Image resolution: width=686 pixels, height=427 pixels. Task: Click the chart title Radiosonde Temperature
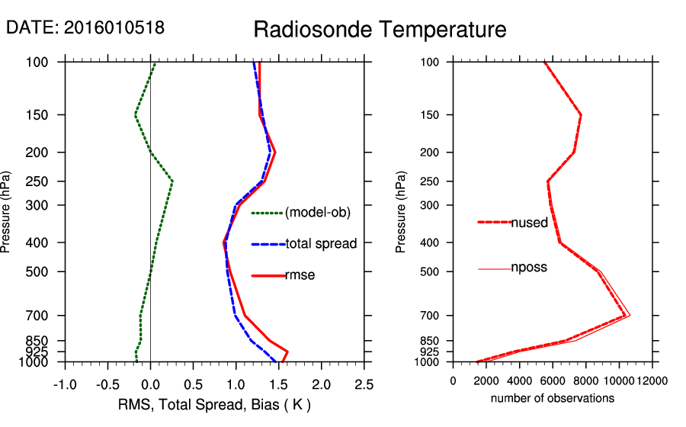[380, 30]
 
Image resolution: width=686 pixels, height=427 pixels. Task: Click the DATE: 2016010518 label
[85, 27]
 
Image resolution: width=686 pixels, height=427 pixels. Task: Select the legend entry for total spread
[321, 244]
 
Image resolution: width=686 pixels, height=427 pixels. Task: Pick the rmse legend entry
[300, 275]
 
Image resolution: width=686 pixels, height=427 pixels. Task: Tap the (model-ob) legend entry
[317, 213]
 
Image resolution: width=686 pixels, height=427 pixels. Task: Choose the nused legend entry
[529, 223]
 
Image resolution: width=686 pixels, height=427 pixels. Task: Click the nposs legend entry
[529, 268]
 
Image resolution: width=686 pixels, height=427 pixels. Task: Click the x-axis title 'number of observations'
[552, 398]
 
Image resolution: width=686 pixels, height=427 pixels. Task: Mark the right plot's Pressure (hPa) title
[402, 212]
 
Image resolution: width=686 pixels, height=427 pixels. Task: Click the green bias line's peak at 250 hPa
[173, 181]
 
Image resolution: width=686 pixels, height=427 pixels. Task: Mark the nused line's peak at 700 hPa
[625, 315]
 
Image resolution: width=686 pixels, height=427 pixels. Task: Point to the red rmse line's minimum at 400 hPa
[223, 242]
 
